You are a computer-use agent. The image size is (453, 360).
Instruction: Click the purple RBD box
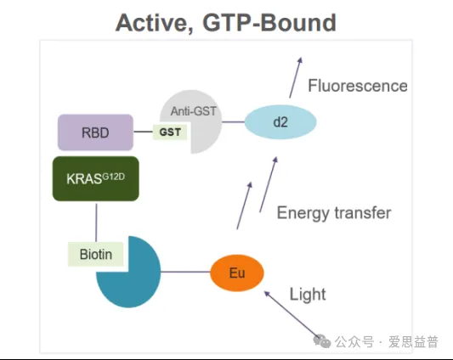(96, 132)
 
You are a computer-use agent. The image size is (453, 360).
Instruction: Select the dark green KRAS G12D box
(96, 178)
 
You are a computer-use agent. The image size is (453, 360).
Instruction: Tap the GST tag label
(170, 132)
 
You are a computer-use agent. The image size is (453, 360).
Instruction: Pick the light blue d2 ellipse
(280, 121)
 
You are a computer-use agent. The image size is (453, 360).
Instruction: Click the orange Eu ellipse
(237, 273)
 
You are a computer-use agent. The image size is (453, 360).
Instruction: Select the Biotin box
(96, 254)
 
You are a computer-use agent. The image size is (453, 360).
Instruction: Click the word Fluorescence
(358, 86)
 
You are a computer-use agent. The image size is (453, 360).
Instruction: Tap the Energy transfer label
(334, 213)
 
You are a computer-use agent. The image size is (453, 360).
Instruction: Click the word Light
(308, 295)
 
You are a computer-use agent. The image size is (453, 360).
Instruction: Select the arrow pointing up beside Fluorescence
(296, 77)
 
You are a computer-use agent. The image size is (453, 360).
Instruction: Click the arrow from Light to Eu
(292, 314)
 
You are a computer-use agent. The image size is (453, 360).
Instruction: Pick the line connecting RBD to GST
(144, 132)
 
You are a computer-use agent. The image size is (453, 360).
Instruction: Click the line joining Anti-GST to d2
(233, 121)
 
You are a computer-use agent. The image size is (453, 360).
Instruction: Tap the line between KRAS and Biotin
(96, 222)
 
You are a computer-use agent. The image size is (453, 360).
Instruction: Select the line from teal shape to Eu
(185, 272)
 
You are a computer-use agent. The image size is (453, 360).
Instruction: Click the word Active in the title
(155, 23)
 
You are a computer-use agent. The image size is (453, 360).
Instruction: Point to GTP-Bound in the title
(269, 23)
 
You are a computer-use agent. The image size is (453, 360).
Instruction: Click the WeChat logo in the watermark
(322, 341)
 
